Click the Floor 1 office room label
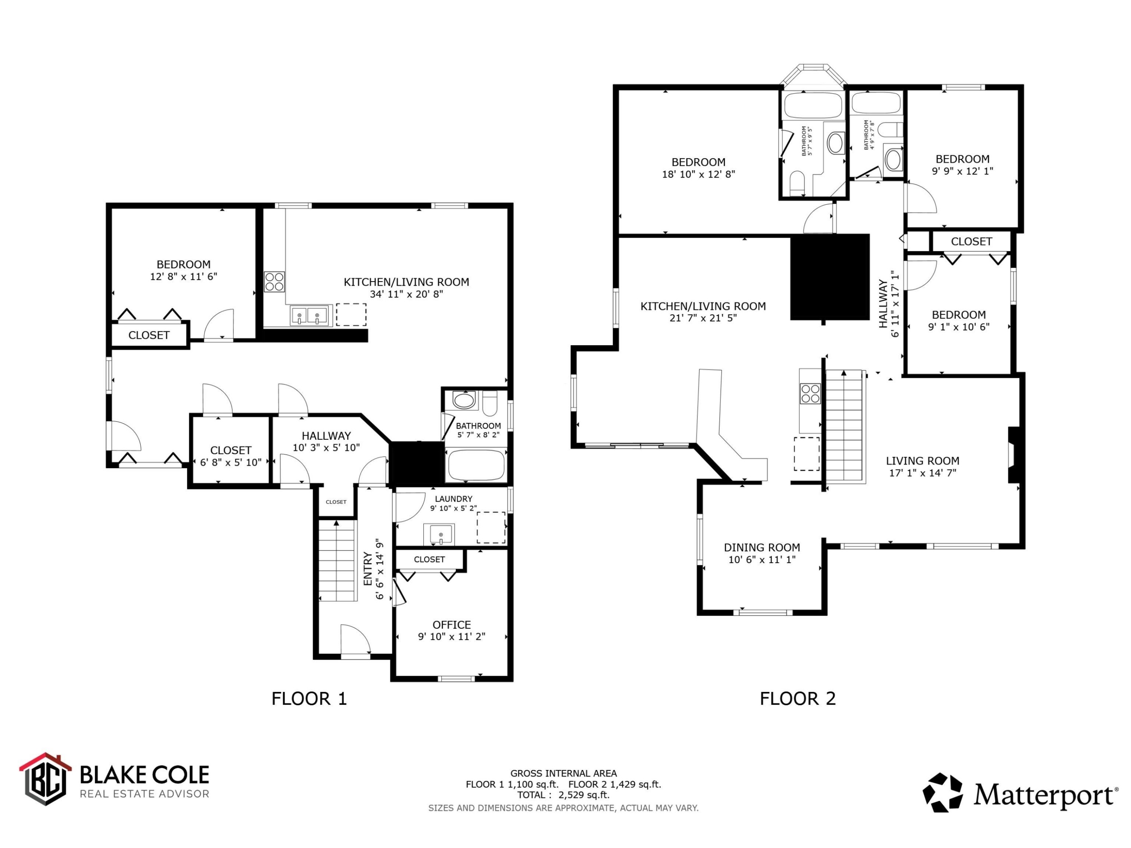click(x=452, y=625)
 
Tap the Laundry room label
click(x=454, y=499)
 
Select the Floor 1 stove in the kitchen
click(x=274, y=282)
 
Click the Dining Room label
click(x=762, y=548)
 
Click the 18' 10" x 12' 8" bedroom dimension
click(x=699, y=174)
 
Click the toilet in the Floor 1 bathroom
click(x=490, y=402)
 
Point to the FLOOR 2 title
click(x=798, y=698)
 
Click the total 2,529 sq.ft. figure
click(x=584, y=795)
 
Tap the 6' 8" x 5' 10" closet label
click(x=231, y=462)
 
